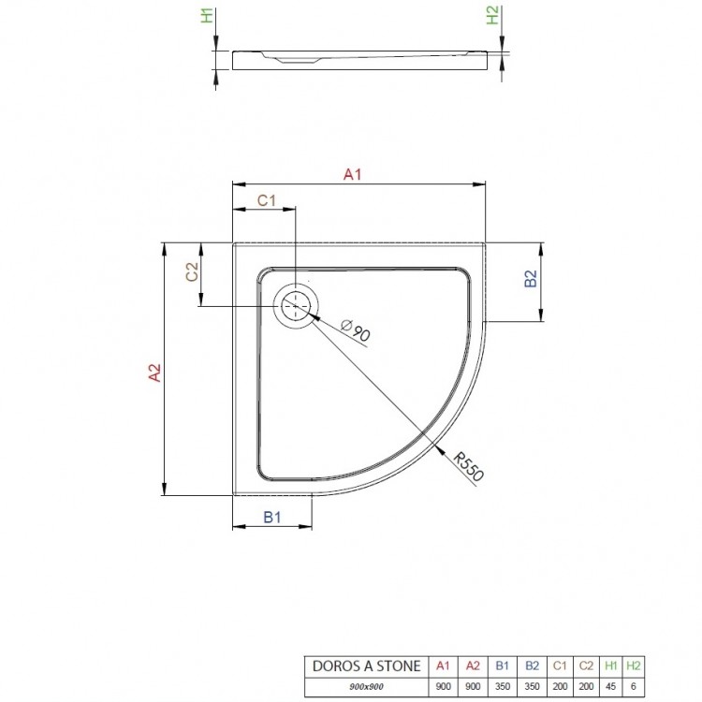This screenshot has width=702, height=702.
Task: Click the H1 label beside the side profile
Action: pos(208,16)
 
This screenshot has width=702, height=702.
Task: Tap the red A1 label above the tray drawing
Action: pos(353,173)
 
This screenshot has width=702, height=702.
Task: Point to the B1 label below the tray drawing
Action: pos(272,516)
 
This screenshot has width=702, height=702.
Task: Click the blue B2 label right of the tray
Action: pos(529,280)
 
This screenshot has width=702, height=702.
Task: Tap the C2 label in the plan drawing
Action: pos(191,271)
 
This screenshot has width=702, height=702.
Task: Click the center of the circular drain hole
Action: pos(297,307)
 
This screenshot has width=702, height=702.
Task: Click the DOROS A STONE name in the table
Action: pos(363,665)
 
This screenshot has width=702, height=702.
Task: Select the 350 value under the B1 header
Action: pos(503,687)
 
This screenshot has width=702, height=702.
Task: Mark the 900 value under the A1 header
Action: pos(444,687)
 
